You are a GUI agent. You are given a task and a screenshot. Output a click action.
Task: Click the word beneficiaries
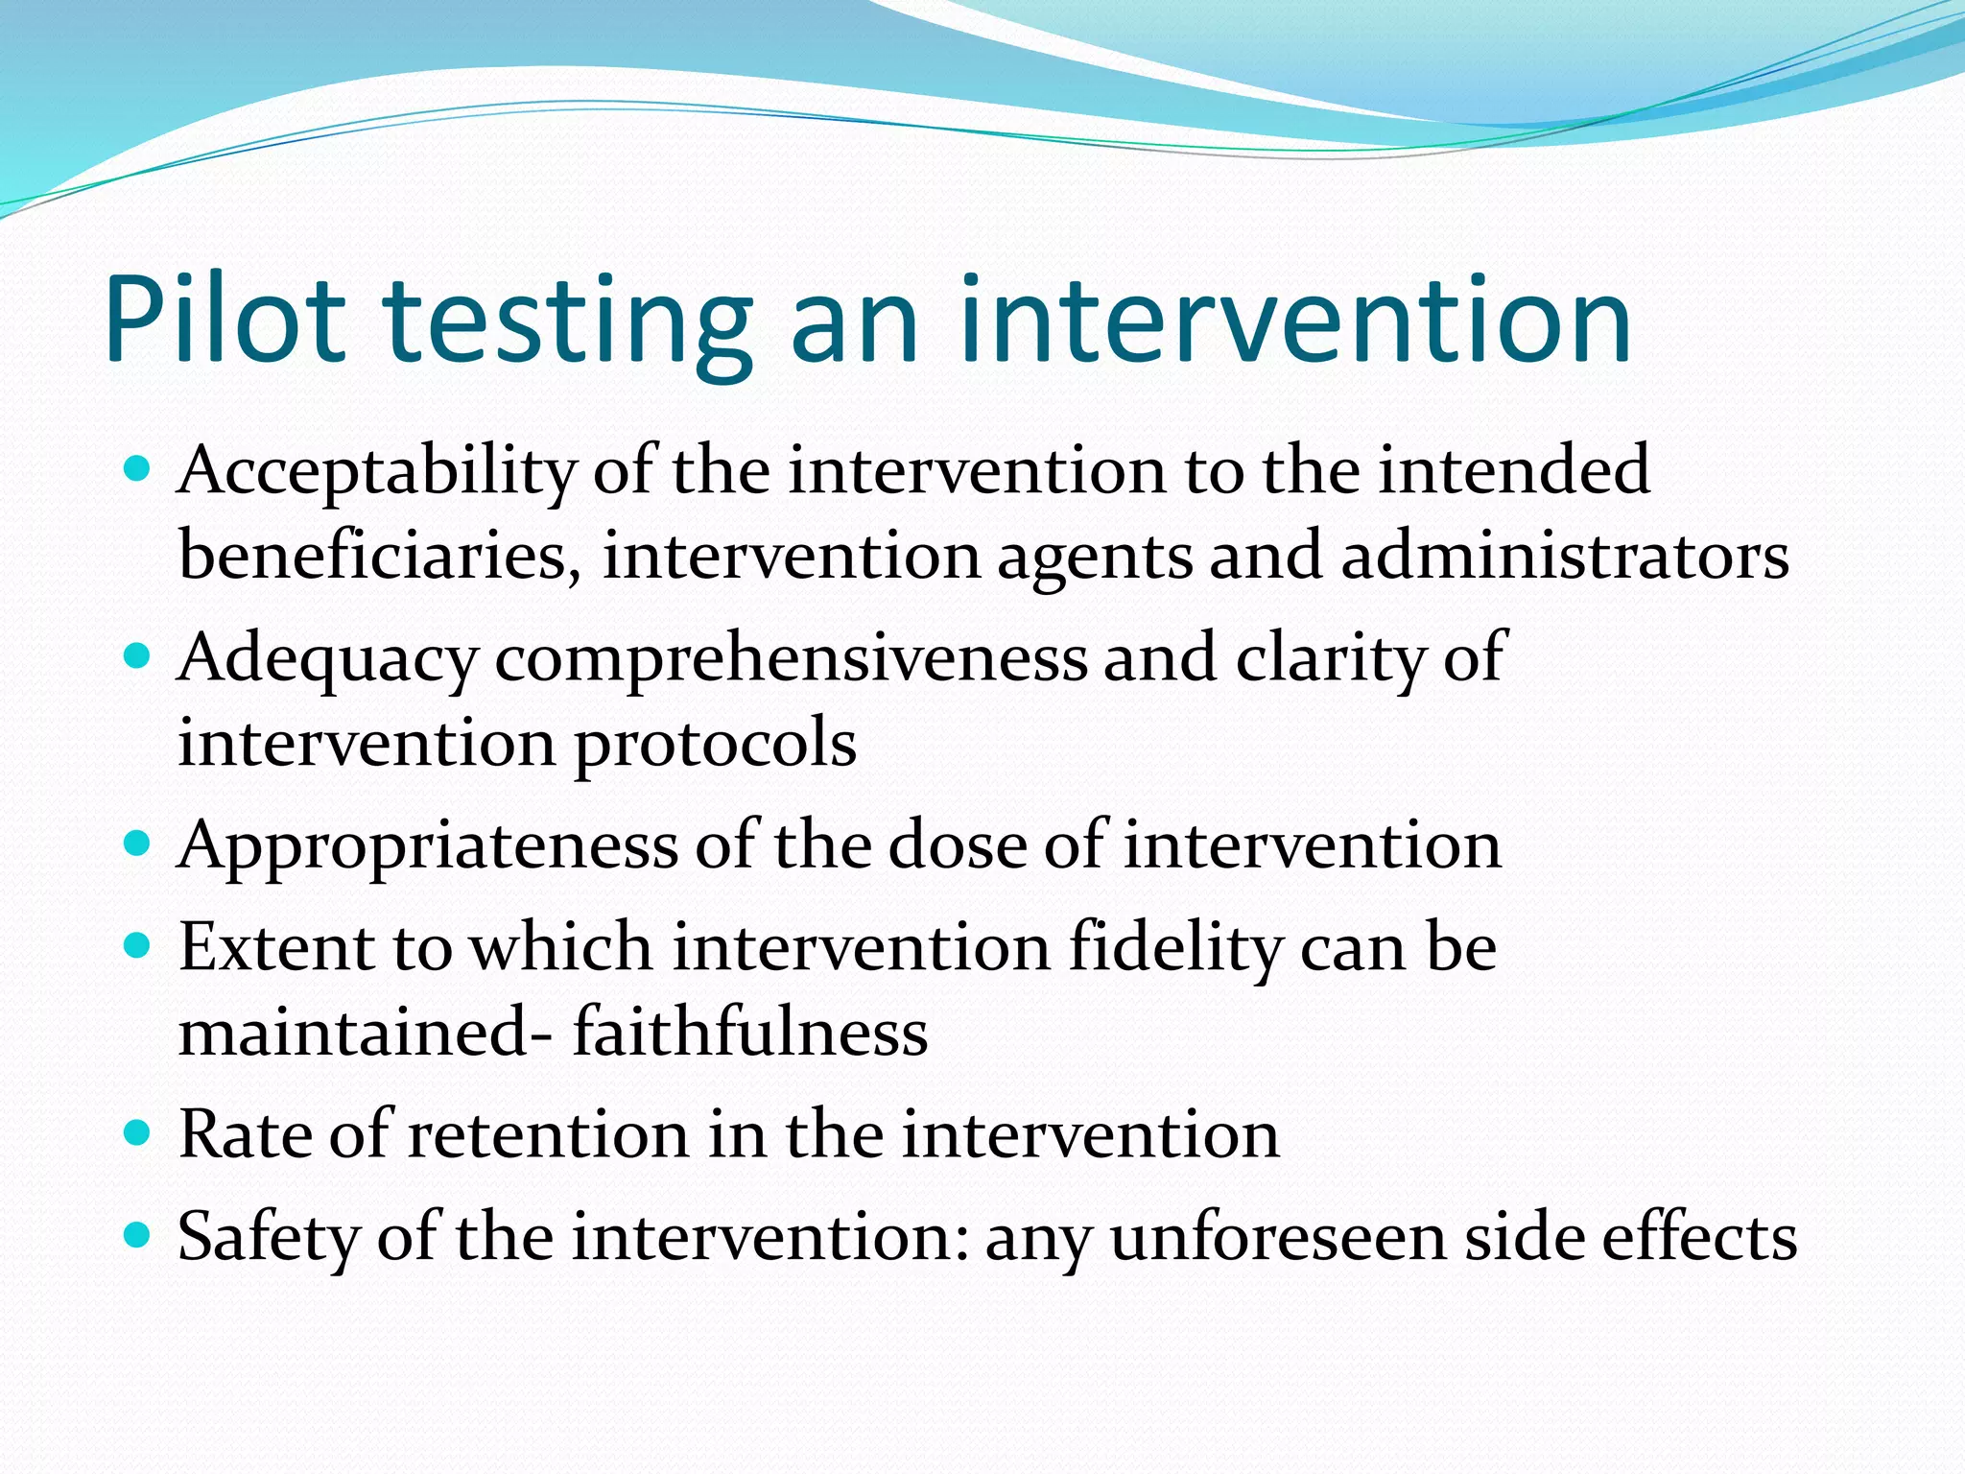pyautogui.click(x=380, y=557)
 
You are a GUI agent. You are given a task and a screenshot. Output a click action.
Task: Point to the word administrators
pyautogui.click(x=1564, y=557)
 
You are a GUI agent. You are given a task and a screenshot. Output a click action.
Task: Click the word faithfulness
pyautogui.click(x=750, y=1033)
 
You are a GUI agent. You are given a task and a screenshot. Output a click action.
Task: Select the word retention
pyautogui.click(x=549, y=1134)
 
